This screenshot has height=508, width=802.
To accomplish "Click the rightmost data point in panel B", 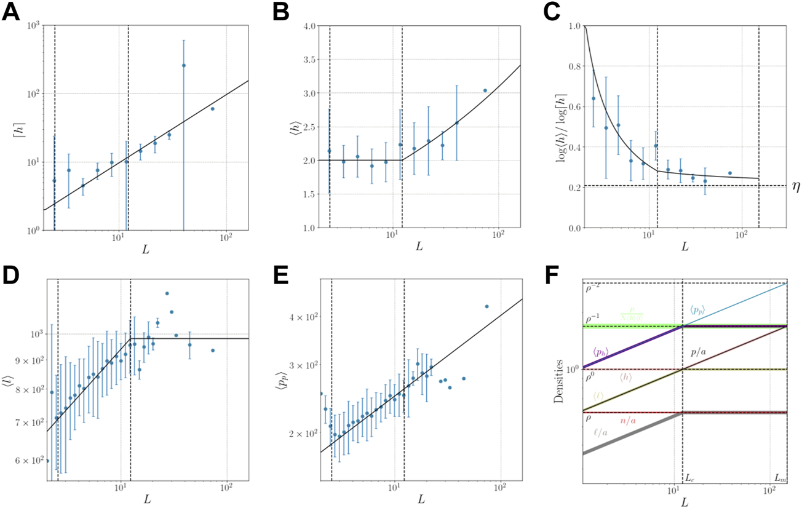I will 485,90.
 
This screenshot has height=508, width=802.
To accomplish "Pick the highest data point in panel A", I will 183,65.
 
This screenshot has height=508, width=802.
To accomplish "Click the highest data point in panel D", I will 167,293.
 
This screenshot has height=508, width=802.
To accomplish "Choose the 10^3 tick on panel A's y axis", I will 29,25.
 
